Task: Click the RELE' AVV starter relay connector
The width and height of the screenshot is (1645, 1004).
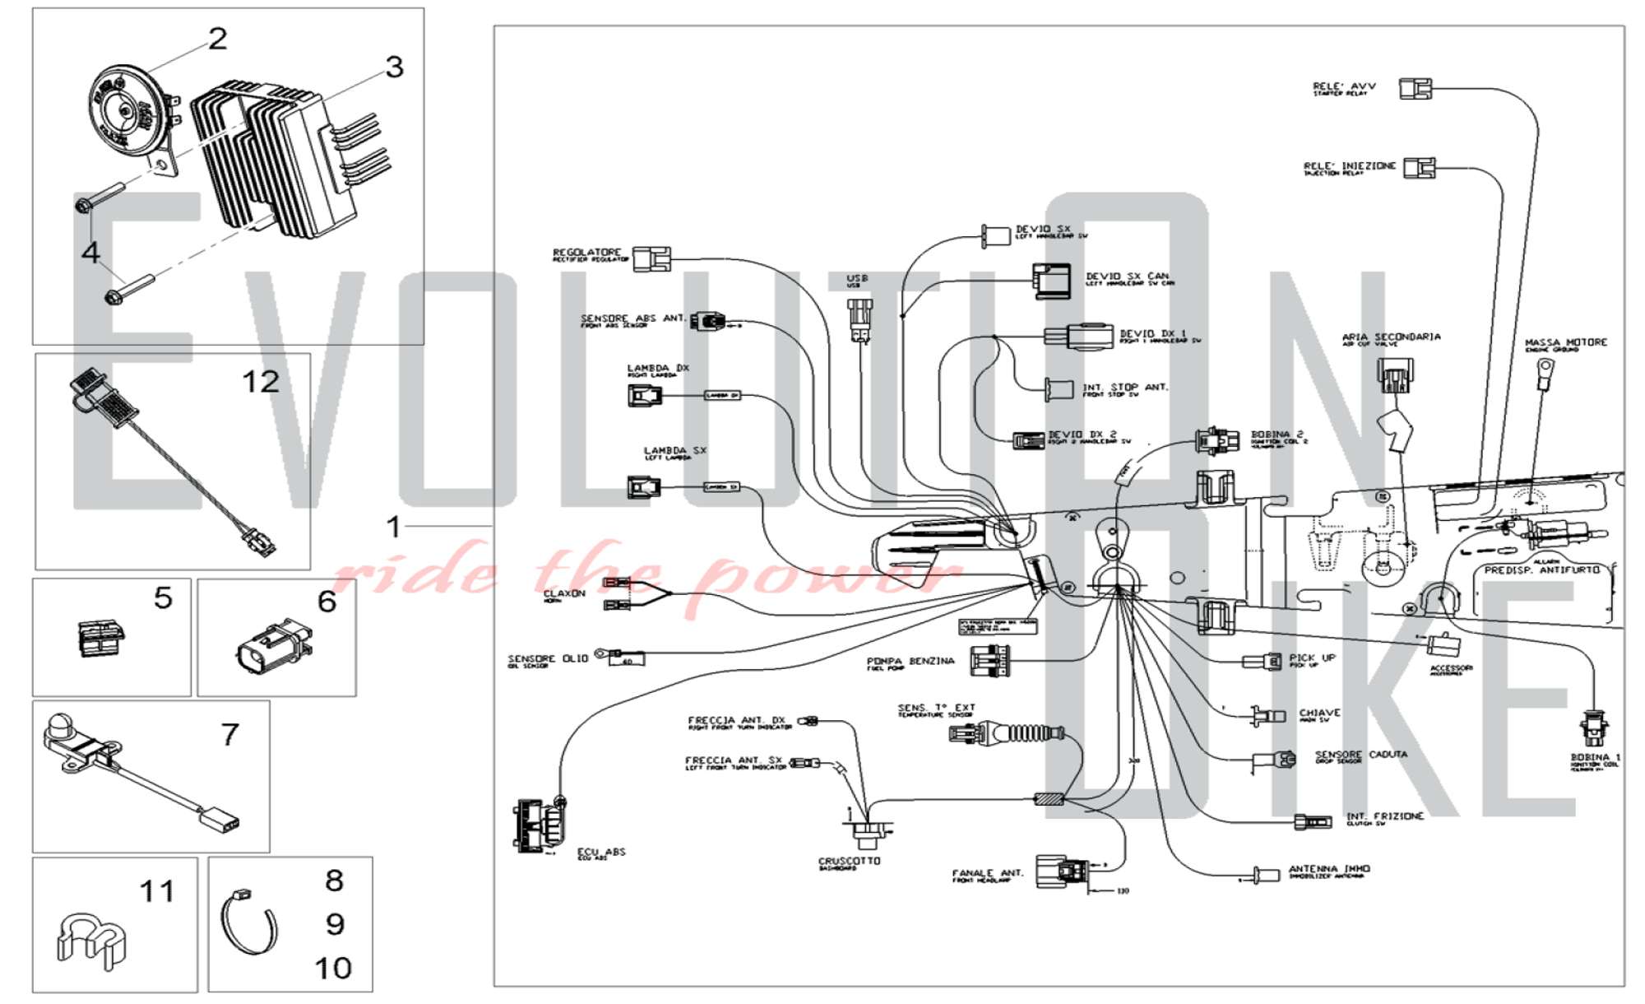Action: (1416, 88)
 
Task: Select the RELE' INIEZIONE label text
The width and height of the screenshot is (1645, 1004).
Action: (1349, 166)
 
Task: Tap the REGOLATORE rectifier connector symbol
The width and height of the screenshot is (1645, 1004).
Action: (651, 258)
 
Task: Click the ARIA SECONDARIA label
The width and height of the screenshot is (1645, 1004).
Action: (1391, 337)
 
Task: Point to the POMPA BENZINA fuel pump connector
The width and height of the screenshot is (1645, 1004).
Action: (990, 661)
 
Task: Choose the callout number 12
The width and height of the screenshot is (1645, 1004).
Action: (261, 382)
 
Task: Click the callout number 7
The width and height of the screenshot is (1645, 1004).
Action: (230, 734)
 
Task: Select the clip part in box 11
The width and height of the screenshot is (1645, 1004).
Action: (90, 938)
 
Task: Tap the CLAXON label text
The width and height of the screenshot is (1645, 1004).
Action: (564, 593)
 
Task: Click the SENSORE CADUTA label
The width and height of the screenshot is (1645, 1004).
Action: (1360, 755)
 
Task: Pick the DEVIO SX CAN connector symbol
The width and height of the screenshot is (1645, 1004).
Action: (1051, 281)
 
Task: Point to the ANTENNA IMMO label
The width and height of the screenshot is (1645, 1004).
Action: (1329, 869)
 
